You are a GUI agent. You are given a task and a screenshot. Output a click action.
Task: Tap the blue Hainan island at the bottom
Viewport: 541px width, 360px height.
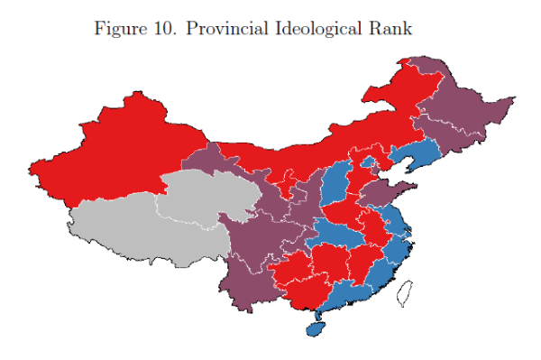tap(316, 327)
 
